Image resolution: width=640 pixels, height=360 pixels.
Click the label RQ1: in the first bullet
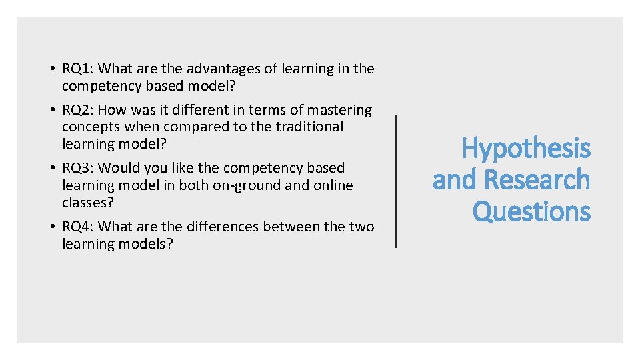click(x=77, y=69)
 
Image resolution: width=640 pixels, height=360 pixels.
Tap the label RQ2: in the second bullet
click(x=77, y=110)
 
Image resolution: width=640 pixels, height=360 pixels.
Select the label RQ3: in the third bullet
click(x=77, y=168)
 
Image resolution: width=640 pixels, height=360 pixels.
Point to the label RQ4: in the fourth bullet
click(x=77, y=227)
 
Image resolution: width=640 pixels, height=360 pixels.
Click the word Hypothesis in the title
click(x=526, y=149)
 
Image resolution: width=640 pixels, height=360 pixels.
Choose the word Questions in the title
click(x=531, y=212)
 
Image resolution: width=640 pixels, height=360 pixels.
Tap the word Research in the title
click(x=537, y=180)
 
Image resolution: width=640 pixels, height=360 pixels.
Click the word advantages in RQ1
click(x=221, y=69)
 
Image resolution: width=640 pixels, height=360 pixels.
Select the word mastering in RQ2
click(x=339, y=110)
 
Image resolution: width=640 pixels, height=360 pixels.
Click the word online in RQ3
click(x=332, y=185)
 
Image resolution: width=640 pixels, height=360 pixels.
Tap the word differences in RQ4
click(x=221, y=227)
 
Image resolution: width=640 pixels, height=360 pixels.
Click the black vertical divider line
click(x=397, y=181)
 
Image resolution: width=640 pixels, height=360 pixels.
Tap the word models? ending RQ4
click(x=144, y=244)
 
